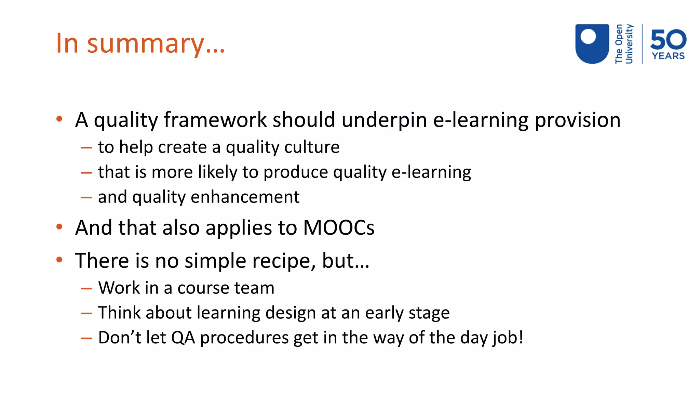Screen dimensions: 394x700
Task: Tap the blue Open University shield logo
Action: pyautogui.click(x=592, y=44)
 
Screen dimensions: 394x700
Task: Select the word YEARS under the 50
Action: pyautogui.click(x=668, y=56)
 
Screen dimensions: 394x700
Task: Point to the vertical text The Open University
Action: pyautogui.click(x=624, y=44)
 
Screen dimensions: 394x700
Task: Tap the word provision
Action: pyautogui.click(x=577, y=120)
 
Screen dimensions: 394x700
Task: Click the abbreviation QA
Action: pyautogui.click(x=183, y=338)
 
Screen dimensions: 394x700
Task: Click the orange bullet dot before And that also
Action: pyautogui.click(x=59, y=227)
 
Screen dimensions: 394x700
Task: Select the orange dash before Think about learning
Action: pyautogui.click(x=87, y=313)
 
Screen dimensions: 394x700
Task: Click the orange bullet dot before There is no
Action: pyautogui.click(x=59, y=260)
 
